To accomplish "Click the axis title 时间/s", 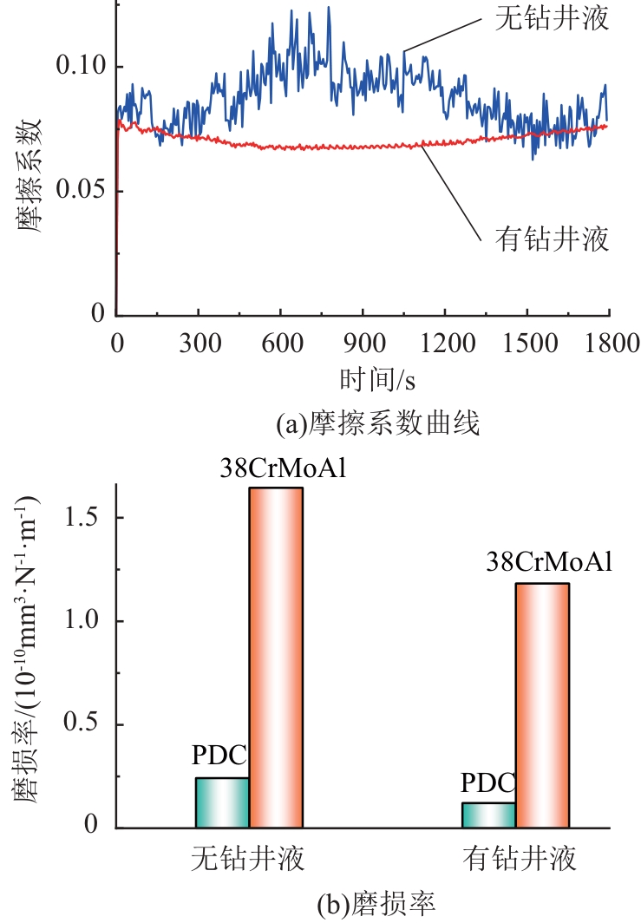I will pos(362,380).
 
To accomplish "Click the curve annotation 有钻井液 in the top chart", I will pos(553,238).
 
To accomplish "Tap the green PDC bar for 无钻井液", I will pos(222,802).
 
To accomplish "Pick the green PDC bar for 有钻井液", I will pos(488,815).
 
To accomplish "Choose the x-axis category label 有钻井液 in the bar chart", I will pos(521,860).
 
